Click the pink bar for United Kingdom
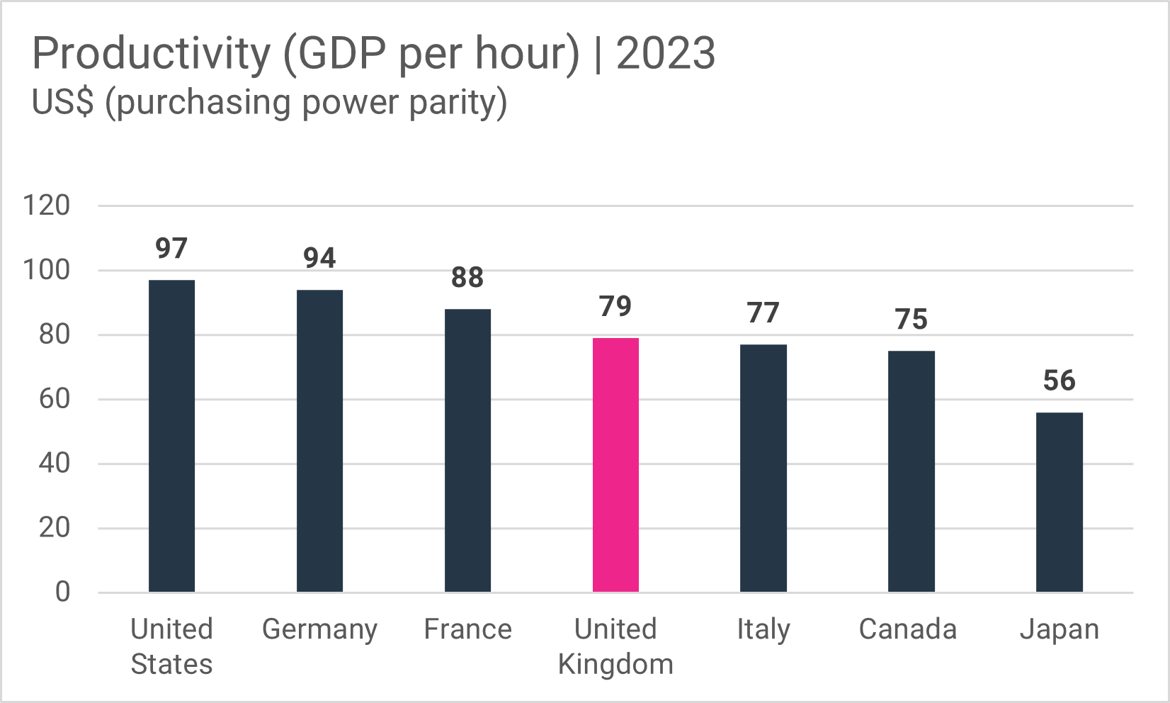[x=615, y=465]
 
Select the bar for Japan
[x=1059, y=502]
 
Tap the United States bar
[x=171, y=436]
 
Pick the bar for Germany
[x=319, y=441]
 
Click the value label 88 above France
[x=467, y=277]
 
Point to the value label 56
[x=1059, y=381]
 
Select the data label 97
[x=171, y=249]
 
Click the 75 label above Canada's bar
[x=911, y=319]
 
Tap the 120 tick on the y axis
[x=47, y=206]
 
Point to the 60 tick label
[x=55, y=399]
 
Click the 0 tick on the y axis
[x=62, y=592]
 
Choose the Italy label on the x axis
[x=763, y=629]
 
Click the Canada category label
[x=907, y=629]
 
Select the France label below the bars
[x=467, y=629]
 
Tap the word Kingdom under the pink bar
[x=615, y=665]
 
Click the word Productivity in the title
[x=151, y=54]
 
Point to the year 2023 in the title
[x=666, y=54]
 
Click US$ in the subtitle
[x=62, y=103]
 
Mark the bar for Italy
[x=763, y=468]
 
